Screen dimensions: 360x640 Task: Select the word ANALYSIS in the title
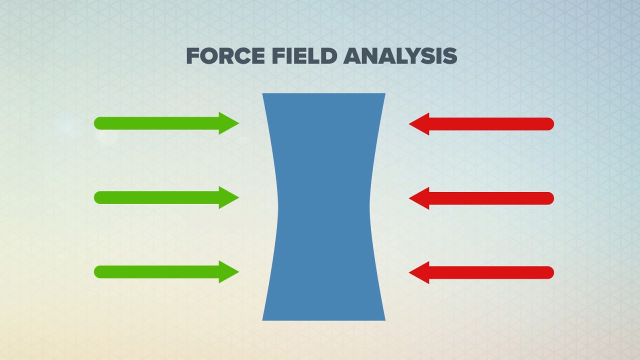click(x=400, y=56)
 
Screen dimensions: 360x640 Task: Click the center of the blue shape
click(x=323, y=206)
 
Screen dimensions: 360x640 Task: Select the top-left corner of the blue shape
click(x=264, y=94)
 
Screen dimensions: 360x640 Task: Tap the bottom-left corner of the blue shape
click(x=264, y=318)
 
